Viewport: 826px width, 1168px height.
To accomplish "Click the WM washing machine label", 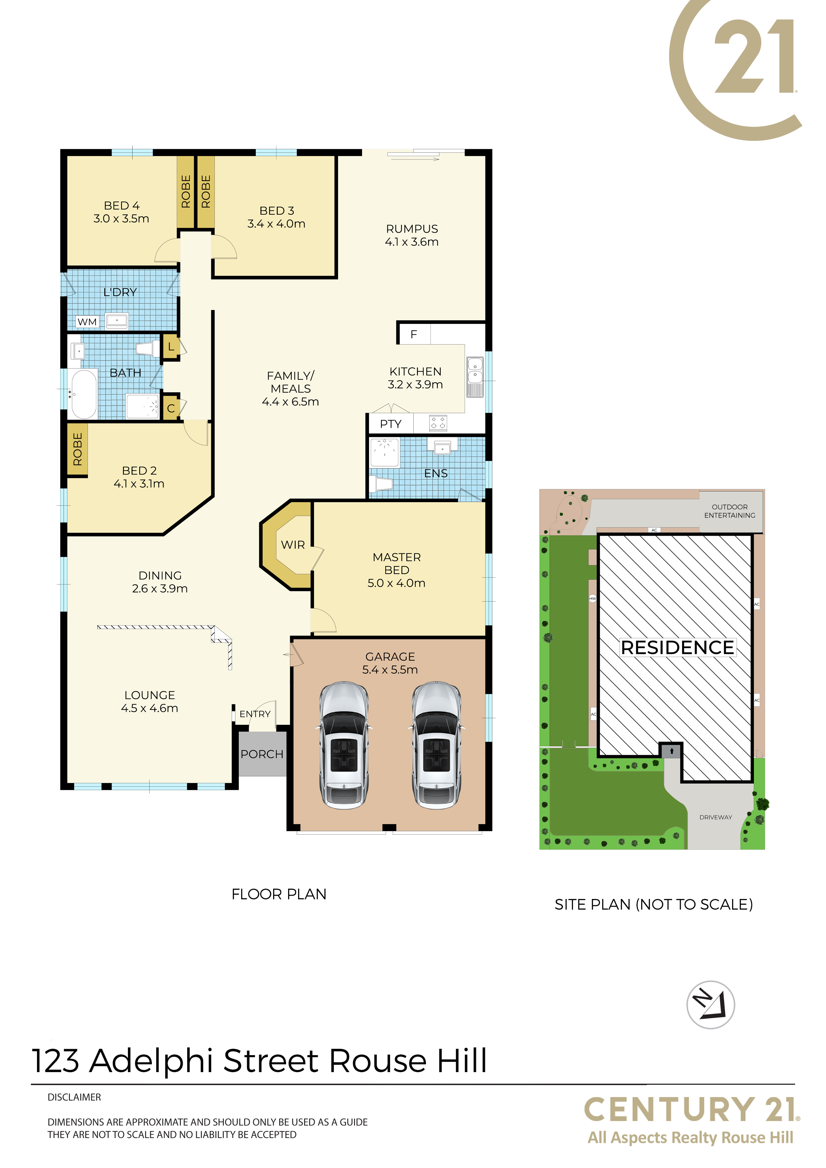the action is [87, 322].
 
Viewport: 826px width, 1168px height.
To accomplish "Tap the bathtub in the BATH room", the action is [84, 394].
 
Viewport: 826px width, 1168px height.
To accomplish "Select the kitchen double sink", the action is [475, 377].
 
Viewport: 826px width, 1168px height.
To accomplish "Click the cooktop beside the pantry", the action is [438, 423].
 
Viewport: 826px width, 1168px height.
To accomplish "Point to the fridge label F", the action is [414, 334].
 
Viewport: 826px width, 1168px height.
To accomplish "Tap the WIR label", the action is [293, 545].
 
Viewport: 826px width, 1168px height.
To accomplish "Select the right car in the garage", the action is [437, 745].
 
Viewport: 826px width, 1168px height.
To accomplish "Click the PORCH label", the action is [262, 754].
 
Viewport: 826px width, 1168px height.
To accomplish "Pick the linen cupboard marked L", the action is [171, 347].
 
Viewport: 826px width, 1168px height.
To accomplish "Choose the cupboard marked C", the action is [171, 408].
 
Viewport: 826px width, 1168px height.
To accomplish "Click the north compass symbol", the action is [710, 1005].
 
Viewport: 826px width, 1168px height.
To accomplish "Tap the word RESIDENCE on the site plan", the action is [677, 648].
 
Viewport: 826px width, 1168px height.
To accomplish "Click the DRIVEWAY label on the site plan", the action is [715, 817].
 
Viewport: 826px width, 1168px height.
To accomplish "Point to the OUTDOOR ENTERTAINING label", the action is [730, 511].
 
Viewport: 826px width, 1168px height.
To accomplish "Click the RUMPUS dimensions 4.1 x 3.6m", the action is [412, 242].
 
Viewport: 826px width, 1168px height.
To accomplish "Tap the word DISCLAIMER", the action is [74, 1097].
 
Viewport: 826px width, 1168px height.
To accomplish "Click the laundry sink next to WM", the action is [117, 321].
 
